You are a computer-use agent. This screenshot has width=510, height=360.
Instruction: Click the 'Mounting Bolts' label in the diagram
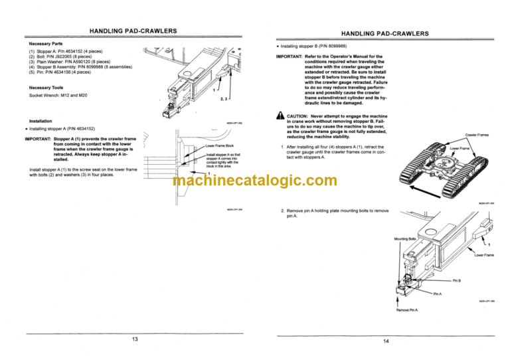coord(404,238)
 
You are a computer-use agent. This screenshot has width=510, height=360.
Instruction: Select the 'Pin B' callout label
coord(458,281)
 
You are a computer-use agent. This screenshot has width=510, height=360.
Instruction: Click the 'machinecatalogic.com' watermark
coord(255,181)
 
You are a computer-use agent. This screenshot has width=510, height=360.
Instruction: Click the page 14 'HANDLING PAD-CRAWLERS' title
coord(384,33)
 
